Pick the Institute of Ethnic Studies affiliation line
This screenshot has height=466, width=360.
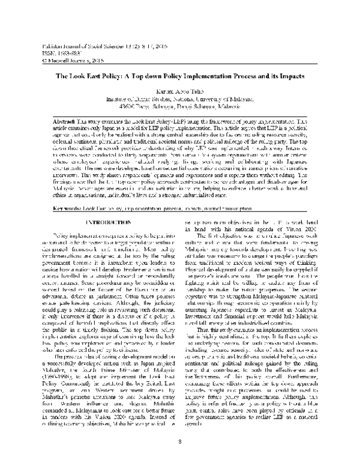[x=180, y=97]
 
